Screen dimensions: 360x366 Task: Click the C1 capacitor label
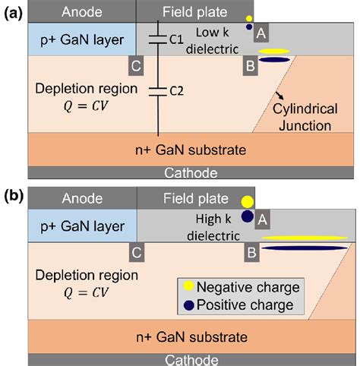coord(176,39)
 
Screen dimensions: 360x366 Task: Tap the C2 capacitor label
coord(176,91)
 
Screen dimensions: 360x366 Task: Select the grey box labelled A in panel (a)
coord(261,33)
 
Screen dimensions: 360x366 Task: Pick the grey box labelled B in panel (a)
coord(251,66)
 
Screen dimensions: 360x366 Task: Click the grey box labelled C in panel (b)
coord(137,252)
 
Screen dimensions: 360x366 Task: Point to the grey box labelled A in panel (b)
coord(262,219)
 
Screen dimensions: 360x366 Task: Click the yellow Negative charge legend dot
coord(189,286)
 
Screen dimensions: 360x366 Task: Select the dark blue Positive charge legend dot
coord(189,305)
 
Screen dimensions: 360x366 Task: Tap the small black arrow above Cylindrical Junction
coord(279,95)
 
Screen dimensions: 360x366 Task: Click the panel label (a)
coord(14,14)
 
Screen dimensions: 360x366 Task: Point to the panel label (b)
coord(14,196)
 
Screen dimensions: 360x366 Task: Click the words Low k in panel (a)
coord(212,33)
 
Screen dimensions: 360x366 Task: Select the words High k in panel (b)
coord(213,219)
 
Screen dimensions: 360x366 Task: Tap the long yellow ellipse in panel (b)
coord(305,238)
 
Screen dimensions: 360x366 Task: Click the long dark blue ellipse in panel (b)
coord(305,248)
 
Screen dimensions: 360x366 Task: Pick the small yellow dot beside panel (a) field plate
coord(249,18)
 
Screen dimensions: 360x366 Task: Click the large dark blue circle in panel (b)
coord(248,216)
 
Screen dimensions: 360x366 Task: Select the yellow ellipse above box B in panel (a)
coord(274,52)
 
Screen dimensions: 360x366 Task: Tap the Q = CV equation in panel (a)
coord(86,106)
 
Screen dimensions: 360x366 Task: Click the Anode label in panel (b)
coord(82,198)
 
